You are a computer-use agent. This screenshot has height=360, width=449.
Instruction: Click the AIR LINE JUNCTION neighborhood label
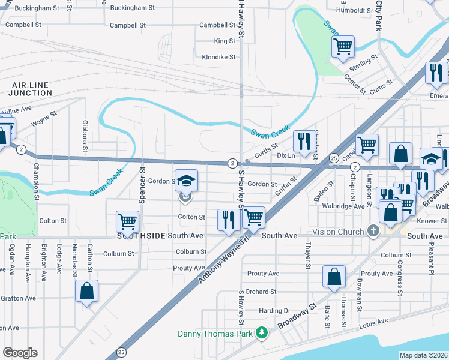(31, 89)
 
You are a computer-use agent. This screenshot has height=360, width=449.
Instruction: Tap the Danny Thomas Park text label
(215, 334)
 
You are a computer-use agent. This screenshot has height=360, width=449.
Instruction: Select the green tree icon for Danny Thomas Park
(261, 332)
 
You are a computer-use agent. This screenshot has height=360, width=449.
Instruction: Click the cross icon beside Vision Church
(373, 231)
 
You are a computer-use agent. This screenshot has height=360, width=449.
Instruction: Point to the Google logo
(20, 352)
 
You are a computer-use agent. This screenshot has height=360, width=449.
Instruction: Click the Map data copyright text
(423, 355)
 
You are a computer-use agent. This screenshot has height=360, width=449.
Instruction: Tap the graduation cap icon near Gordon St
(186, 179)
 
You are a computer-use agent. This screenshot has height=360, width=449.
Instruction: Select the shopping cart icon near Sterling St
(343, 46)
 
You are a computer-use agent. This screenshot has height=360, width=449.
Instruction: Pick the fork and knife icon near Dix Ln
(304, 140)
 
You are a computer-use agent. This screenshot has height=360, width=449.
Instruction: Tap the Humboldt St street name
(355, 10)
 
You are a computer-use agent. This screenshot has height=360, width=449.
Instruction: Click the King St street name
(224, 41)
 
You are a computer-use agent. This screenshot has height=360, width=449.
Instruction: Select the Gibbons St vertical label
(84, 136)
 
